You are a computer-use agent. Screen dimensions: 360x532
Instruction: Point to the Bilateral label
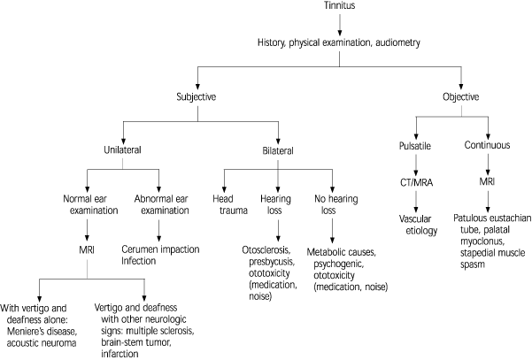pyautogui.click(x=278, y=151)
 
